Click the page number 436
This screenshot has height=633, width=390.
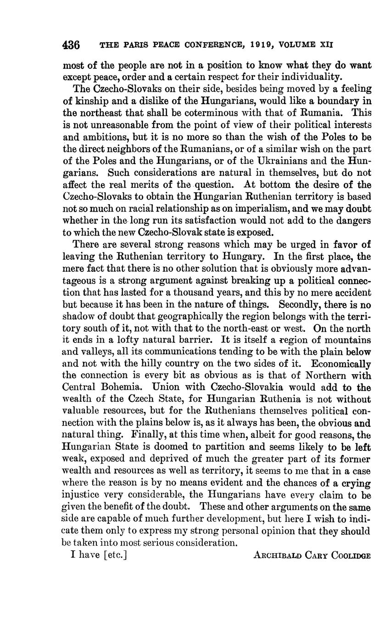pos(71,45)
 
